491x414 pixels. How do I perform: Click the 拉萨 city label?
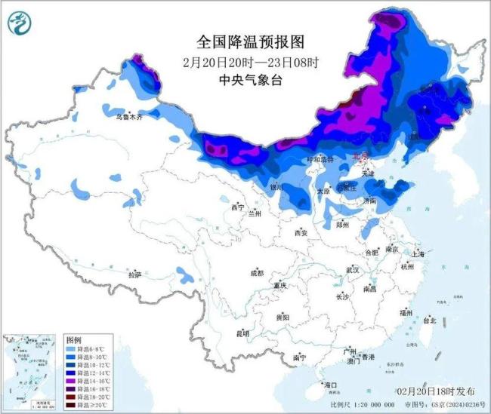click(134, 275)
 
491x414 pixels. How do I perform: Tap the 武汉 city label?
click(352, 269)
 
